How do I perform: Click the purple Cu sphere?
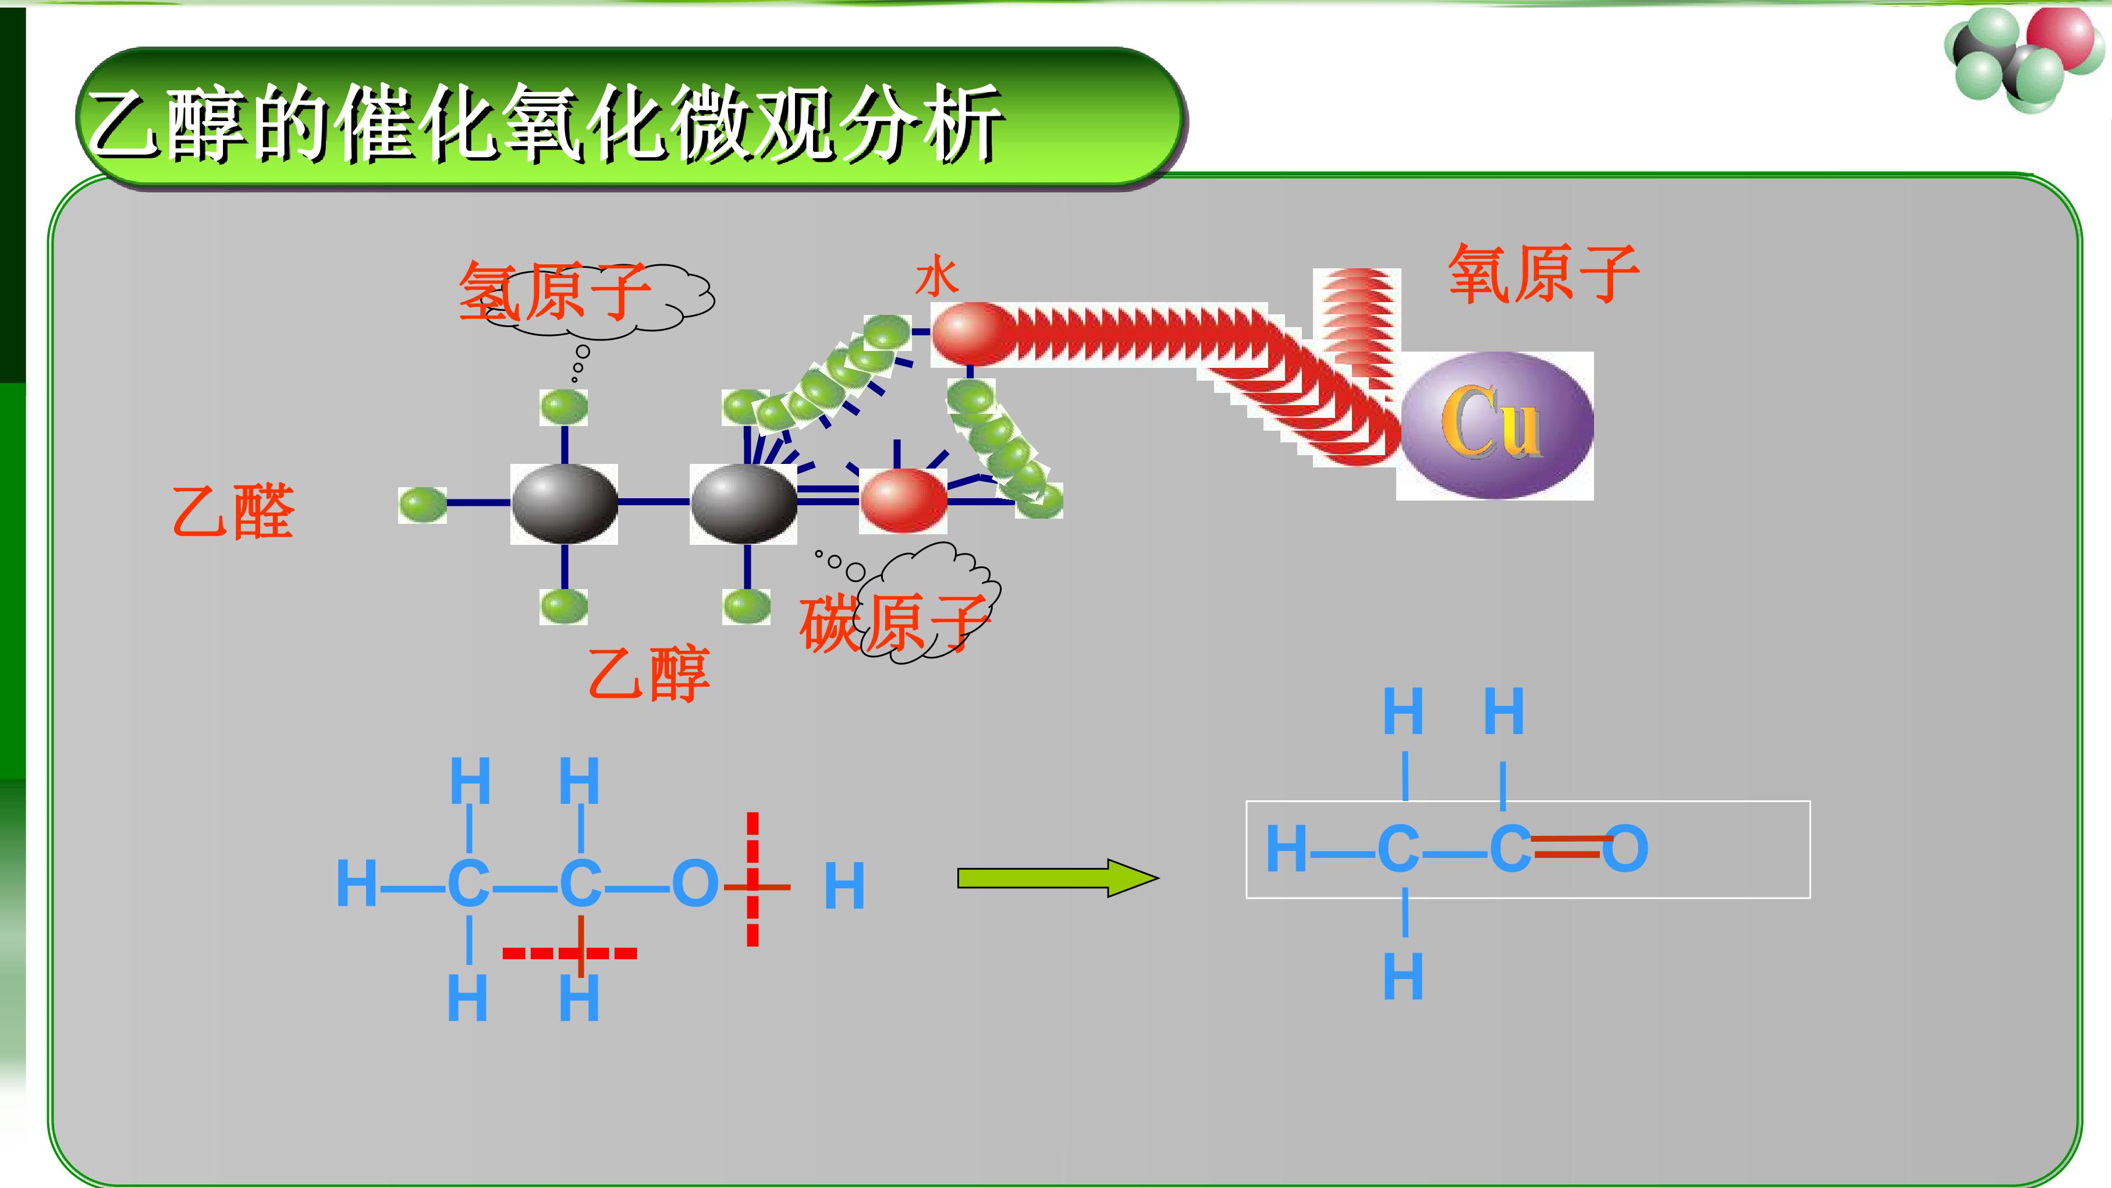[x=1497, y=425]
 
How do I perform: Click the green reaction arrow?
[x=1057, y=878]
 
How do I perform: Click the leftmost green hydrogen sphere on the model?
[x=423, y=504]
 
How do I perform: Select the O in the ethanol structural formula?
[x=695, y=885]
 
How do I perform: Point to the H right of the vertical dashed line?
[x=844, y=886]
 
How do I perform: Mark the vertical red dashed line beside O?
[x=752, y=879]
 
